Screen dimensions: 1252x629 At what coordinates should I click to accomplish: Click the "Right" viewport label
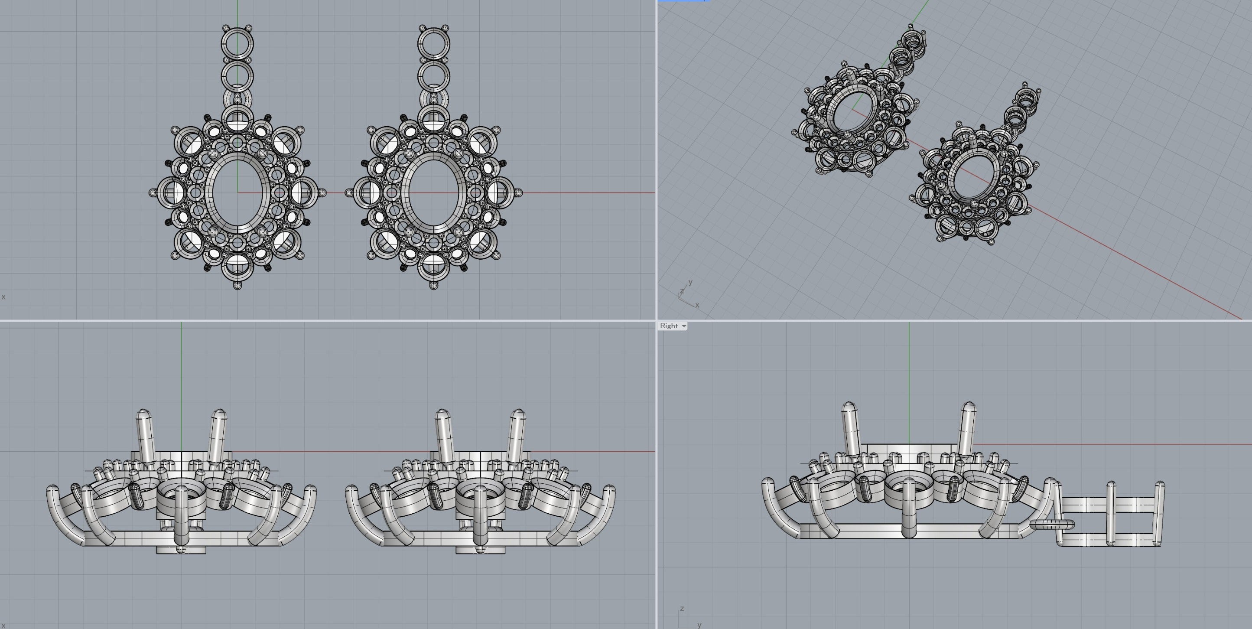tap(669, 326)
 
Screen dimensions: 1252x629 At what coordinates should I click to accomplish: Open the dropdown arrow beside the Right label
tap(684, 326)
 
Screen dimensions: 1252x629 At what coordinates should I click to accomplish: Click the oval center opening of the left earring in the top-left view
tap(237, 193)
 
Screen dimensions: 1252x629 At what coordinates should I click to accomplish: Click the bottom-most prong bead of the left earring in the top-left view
tap(237, 285)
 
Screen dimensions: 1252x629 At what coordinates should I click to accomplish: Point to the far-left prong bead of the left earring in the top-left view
tap(153, 193)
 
